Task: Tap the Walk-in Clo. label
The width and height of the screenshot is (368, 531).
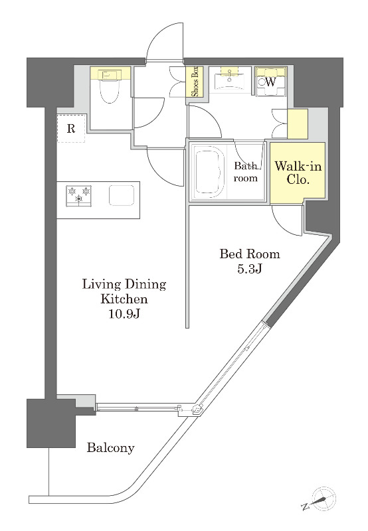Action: (298, 173)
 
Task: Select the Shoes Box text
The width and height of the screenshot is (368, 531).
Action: (196, 82)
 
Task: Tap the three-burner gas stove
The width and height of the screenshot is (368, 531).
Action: (79, 196)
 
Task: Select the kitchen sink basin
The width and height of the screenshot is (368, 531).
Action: (122, 195)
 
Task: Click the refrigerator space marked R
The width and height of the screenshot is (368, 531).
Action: (71, 128)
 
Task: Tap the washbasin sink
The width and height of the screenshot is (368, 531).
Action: (230, 80)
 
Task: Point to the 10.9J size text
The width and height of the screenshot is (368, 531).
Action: (124, 314)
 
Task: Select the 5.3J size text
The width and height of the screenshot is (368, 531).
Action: (249, 269)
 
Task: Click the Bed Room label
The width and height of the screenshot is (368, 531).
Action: (250, 254)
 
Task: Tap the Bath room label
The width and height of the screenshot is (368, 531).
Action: (246, 172)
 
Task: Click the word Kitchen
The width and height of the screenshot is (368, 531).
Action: (124, 299)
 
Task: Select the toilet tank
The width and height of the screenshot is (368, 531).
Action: (110, 74)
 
